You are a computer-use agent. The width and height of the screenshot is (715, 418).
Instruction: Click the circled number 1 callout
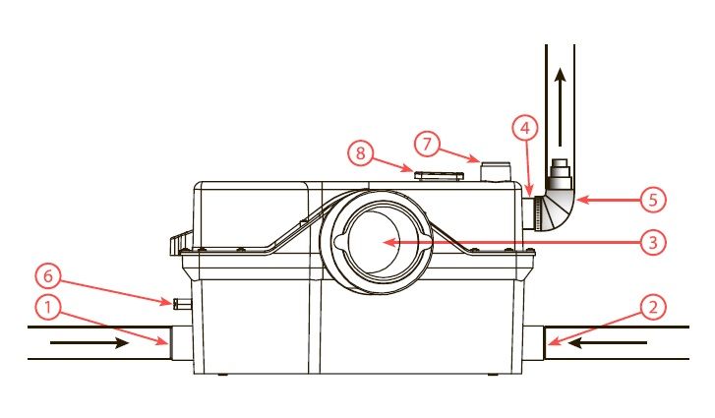click(48, 308)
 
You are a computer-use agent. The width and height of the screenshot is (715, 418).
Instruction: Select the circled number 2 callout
click(653, 307)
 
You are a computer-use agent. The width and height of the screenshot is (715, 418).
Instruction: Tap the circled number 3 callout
click(653, 243)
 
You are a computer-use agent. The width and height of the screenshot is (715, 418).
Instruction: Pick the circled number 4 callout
click(525, 129)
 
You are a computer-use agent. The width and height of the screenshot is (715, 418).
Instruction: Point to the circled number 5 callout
click(653, 200)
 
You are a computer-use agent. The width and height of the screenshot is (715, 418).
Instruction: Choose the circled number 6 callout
click(48, 276)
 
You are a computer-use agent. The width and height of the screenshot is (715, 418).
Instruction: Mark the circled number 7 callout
click(427, 144)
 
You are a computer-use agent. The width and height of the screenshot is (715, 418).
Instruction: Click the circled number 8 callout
click(361, 152)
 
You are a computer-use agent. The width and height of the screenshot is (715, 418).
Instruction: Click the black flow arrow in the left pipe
click(89, 343)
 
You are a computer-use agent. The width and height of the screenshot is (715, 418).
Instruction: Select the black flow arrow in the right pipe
click(607, 343)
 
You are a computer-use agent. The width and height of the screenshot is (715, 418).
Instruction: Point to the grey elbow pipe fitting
click(559, 212)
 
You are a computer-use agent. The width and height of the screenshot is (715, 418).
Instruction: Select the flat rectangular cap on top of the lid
click(439, 175)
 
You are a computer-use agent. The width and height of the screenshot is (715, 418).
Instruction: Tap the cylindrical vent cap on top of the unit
click(498, 171)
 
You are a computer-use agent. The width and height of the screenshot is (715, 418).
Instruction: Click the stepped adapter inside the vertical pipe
click(560, 174)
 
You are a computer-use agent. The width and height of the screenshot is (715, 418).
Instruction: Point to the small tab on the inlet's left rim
click(341, 242)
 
